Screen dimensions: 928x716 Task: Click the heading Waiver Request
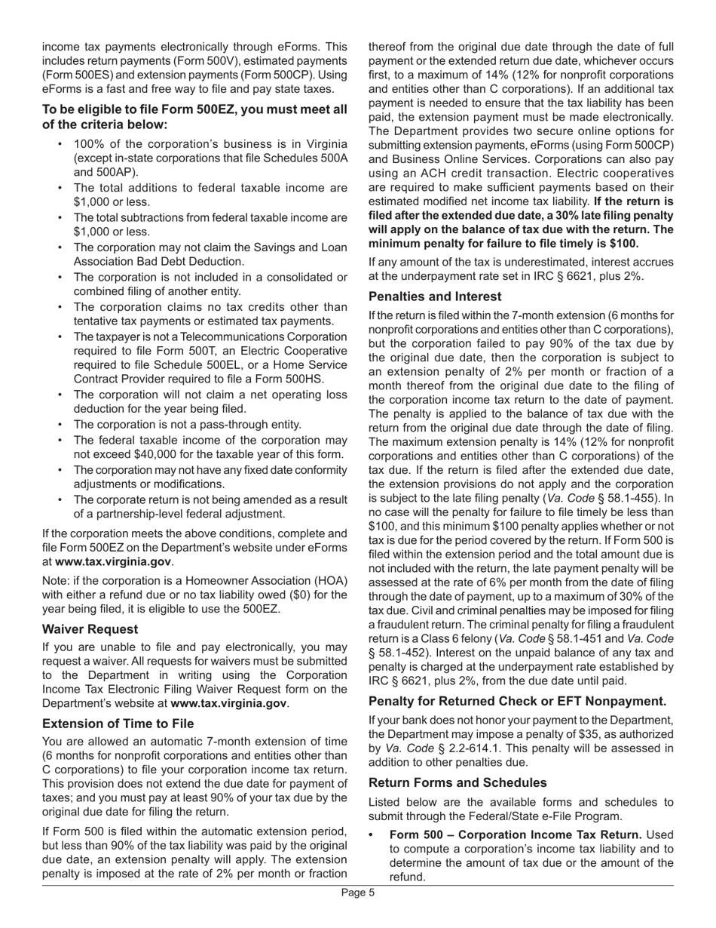(x=90, y=628)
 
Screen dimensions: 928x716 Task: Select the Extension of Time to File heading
(x=118, y=723)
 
